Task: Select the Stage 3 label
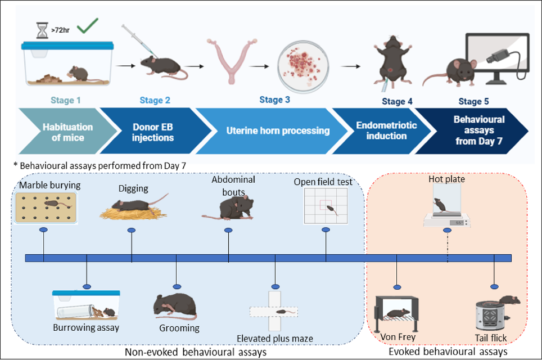(274, 100)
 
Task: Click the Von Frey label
(392, 337)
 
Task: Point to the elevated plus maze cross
(274, 311)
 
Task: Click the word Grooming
(179, 328)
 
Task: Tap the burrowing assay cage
(86, 305)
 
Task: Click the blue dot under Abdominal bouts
(228, 230)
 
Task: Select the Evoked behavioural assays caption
(448, 352)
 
